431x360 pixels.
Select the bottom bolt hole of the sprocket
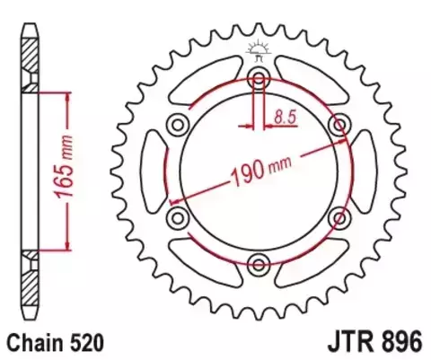point(258,263)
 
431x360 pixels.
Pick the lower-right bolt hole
point(339,216)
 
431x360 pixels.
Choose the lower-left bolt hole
point(176,216)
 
